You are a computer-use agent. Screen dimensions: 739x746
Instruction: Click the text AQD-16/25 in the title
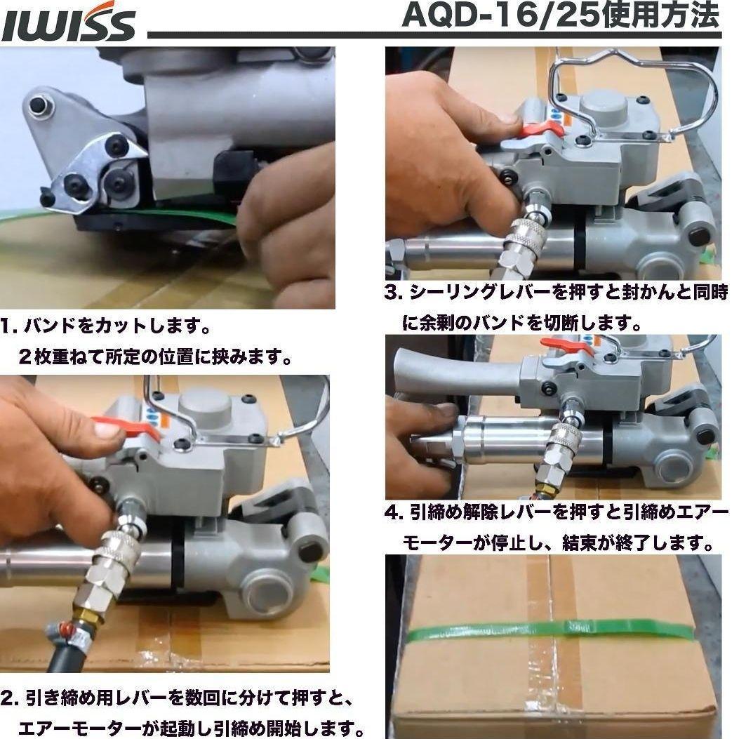(504, 15)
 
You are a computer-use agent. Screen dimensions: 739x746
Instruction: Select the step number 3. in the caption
(393, 293)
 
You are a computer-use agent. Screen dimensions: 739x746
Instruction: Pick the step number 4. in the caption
(393, 512)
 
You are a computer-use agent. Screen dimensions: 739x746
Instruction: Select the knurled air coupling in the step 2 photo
(110, 561)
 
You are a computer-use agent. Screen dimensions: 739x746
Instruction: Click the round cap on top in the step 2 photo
(204, 409)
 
